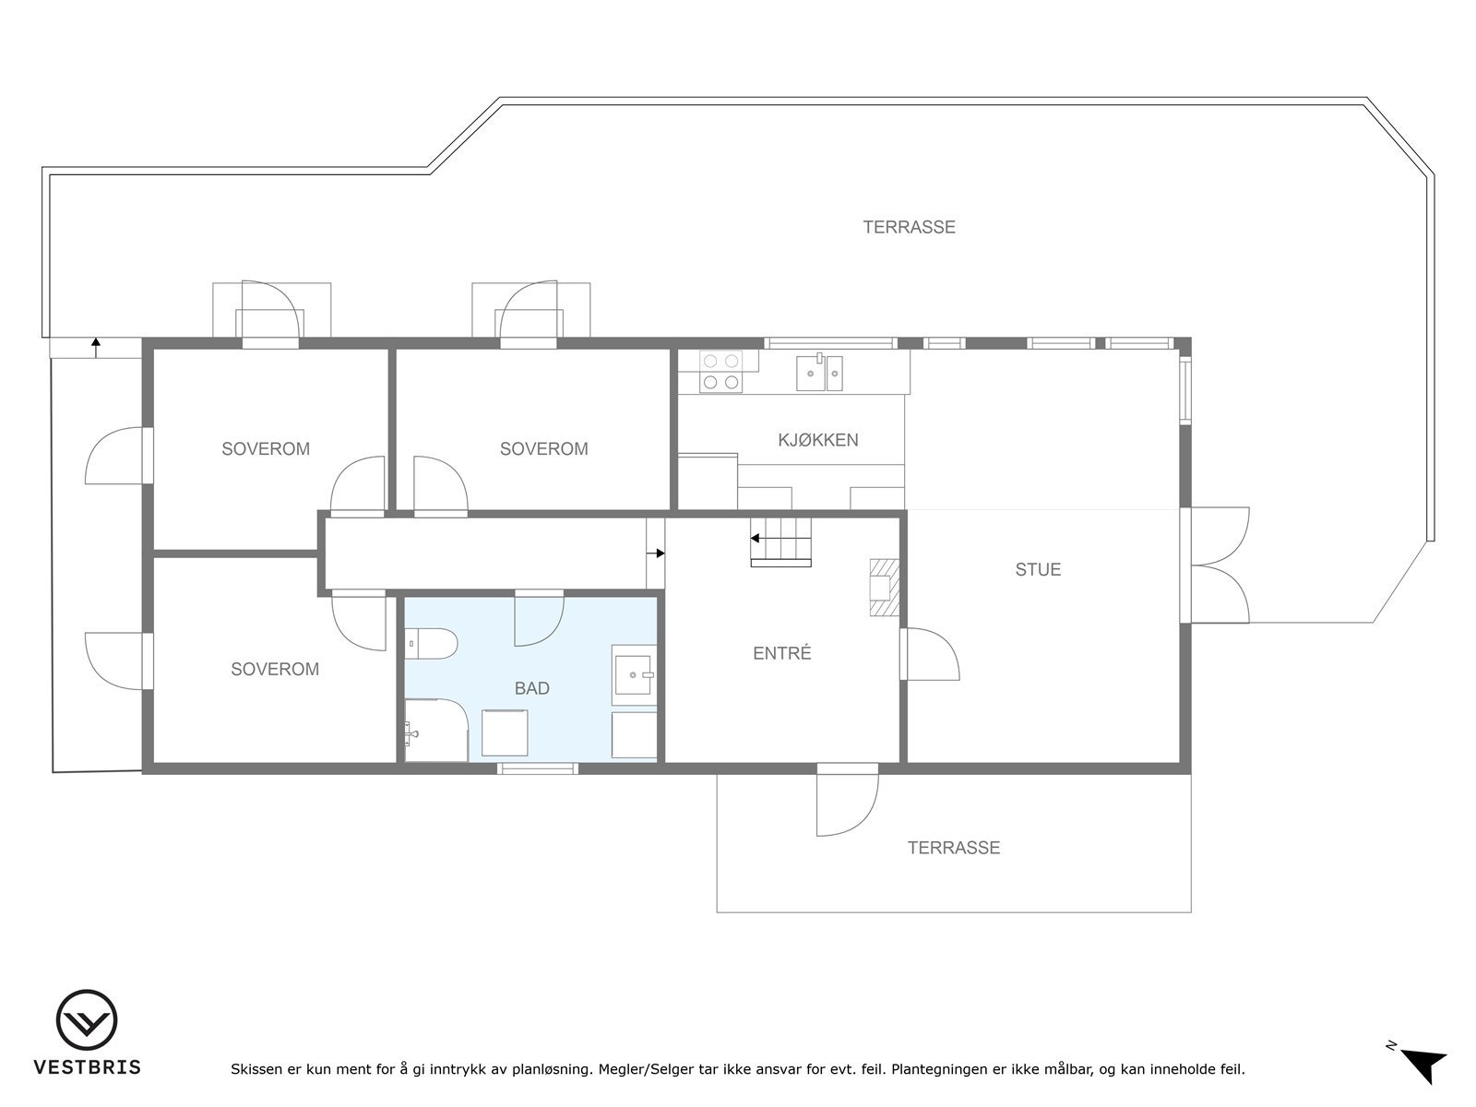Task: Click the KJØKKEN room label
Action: point(817,440)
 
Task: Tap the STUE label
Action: point(1038,569)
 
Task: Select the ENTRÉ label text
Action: point(781,653)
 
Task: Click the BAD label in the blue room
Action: point(532,688)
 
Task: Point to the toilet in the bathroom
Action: point(430,643)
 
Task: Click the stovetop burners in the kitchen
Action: point(720,372)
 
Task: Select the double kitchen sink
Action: point(820,374)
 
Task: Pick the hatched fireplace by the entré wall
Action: point(882,587)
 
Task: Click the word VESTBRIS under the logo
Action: point(87,1067)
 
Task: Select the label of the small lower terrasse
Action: point(953,848)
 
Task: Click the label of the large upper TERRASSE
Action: point(909,227)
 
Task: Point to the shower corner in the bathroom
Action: point(434,732)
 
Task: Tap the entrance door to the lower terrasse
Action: point(846,800)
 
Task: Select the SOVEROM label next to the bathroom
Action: point(275,669)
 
